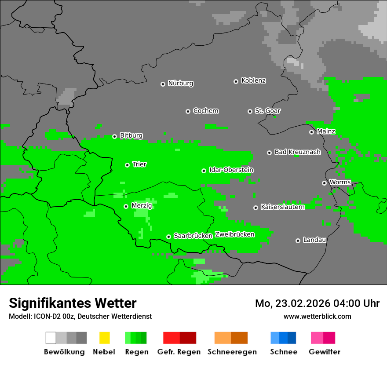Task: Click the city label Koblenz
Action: click(253, 80)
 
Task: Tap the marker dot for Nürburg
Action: click(163, 84)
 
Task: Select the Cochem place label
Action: click(205, 111)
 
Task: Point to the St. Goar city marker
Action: click(250, 111)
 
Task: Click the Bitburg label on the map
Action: click(131, 135)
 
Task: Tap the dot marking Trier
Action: click(127, 165)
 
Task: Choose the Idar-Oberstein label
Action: click(231, 170)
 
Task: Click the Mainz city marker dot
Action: click(311, 132)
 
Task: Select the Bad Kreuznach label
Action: click(297, 152)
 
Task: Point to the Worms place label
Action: click(340, 182)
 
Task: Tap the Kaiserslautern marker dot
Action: click(256, 208)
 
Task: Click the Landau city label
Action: click(314, 240)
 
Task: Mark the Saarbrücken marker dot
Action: click(168, 237)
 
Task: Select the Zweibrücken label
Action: click(234, 234)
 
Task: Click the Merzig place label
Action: click(142, 205)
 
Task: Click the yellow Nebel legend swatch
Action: click(104, 338)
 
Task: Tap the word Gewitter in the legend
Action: click(324, 352)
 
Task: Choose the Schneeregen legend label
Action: click(232, 352)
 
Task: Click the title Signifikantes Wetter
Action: click(73, 303)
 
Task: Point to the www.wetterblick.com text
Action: click(317, 316)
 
